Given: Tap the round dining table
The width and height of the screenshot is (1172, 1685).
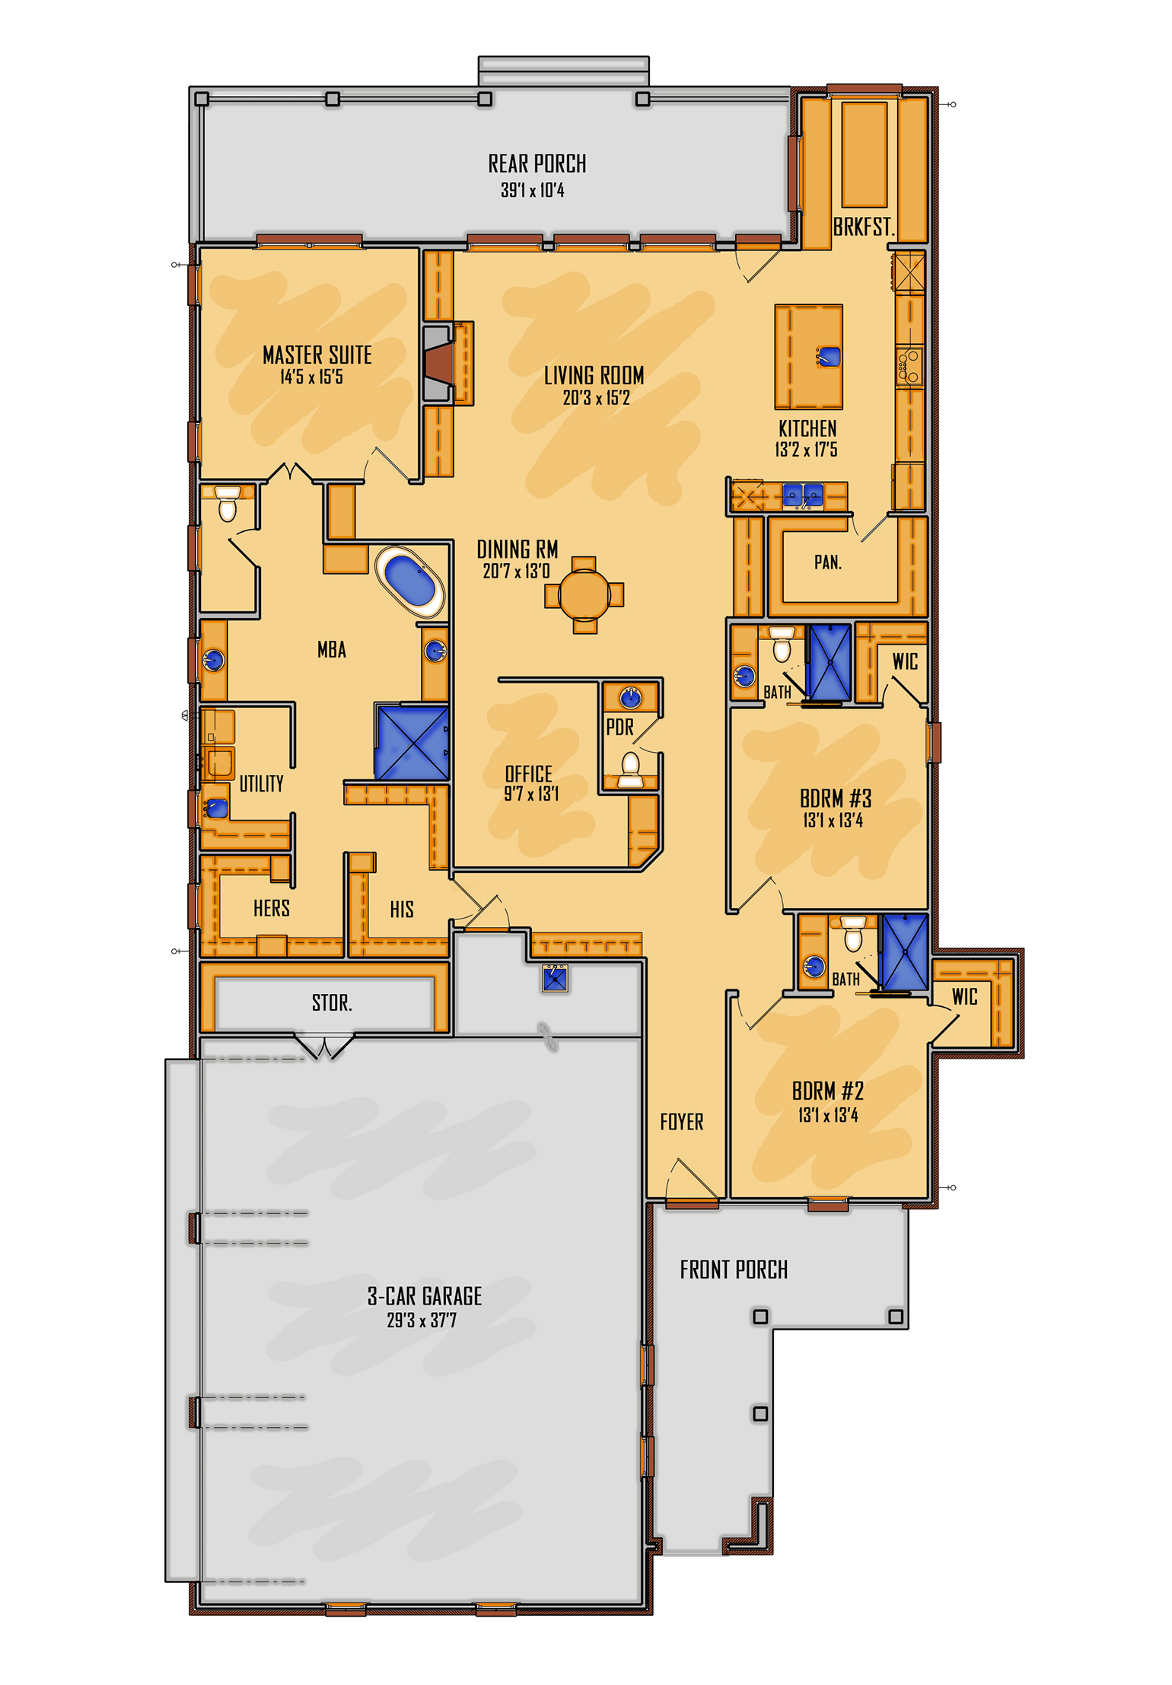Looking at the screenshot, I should (x=584, y=594).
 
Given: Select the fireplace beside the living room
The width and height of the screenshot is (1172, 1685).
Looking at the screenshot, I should (x=438, y=363).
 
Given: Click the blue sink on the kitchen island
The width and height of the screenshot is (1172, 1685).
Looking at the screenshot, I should (x=829, y=356).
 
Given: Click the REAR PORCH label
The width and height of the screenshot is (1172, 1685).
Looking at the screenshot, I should (x=537, y=164).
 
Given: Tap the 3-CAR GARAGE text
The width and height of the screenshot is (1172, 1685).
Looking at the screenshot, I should (x=425, y=1296).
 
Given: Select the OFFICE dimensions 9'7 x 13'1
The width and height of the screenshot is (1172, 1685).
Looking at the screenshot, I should (x=531, y=795).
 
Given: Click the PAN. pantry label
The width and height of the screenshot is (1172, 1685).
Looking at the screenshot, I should (x=828, y=562).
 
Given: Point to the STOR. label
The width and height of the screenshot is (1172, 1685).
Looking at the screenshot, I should (x=332, y=1003).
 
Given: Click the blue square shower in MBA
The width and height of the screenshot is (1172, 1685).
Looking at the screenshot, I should (x=411, y=742).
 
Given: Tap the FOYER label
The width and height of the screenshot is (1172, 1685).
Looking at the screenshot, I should (x=681, y=1122).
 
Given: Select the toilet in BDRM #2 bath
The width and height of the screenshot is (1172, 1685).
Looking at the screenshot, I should (x=853, y=936).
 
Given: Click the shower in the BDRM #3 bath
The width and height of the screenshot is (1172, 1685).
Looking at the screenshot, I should (x=830, y=662).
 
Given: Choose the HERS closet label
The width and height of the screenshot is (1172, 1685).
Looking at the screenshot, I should (x=272, y=908).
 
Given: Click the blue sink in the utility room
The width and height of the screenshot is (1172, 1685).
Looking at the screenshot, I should (x=216, y=807).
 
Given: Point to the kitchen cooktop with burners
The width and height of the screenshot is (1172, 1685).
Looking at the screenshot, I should (x=909, y=367).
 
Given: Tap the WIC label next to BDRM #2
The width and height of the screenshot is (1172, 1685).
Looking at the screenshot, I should (x=964, y=997).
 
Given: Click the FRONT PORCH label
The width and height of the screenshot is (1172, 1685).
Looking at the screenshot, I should (x=734, y=1269).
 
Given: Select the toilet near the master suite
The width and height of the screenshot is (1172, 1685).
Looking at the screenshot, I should (x=228, y=505).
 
